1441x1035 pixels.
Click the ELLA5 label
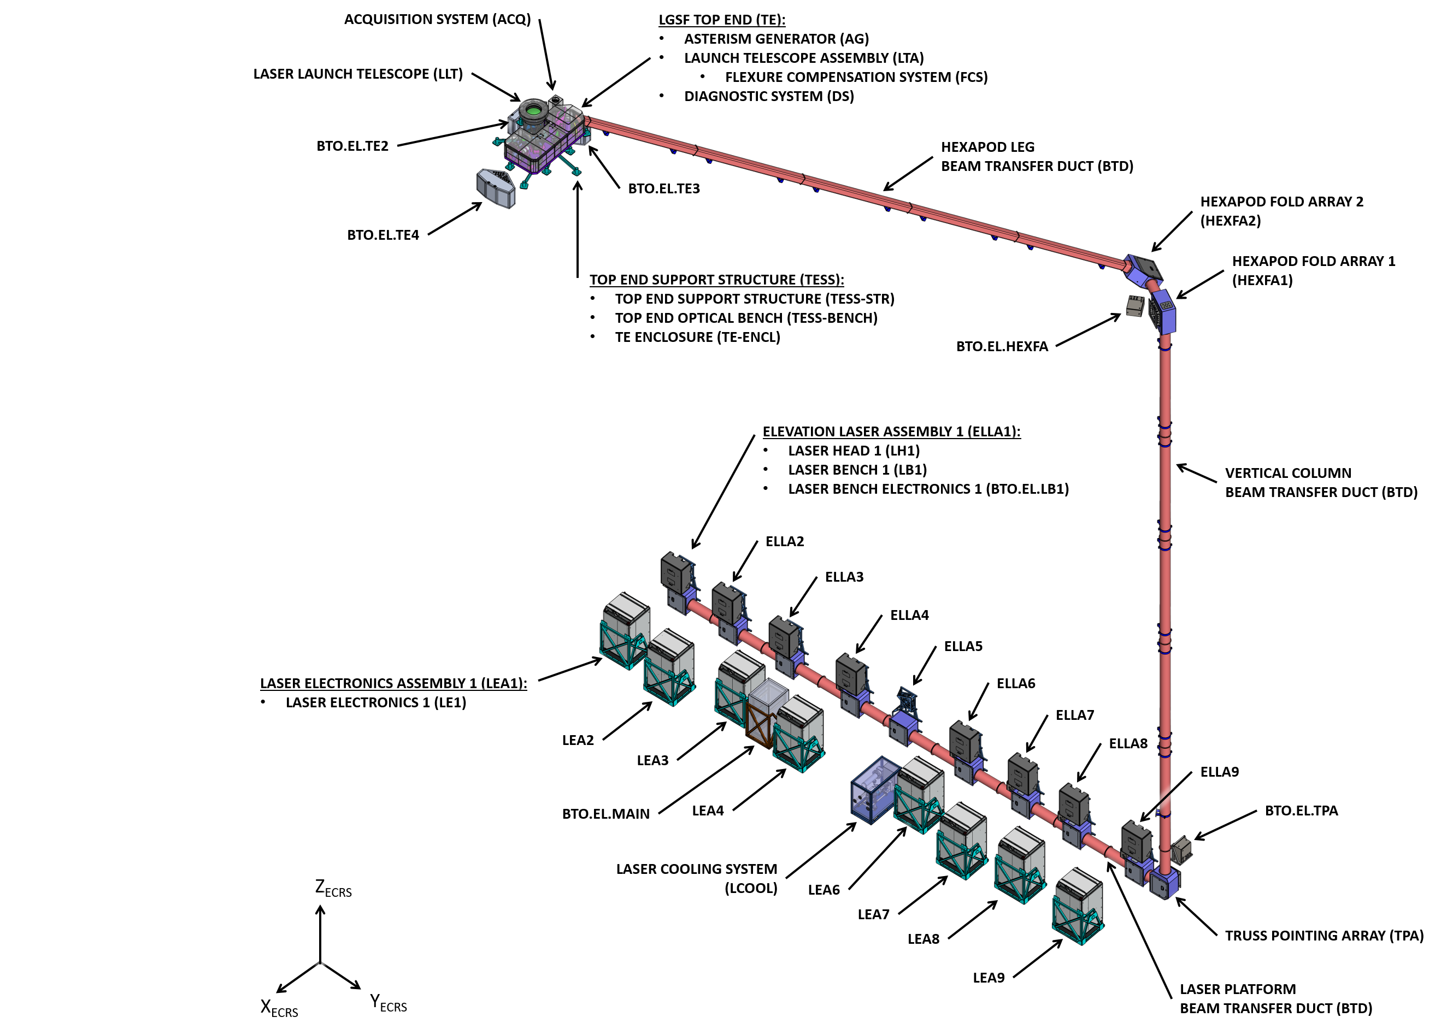[962, 647]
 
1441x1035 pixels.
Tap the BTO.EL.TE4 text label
[383, 235]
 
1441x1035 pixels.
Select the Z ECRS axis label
[333, 888]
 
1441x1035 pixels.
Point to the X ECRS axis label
[279, 1008]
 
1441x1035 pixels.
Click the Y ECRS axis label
[388, 1003]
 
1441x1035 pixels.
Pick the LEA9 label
[988, 978]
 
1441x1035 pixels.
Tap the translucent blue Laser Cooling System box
[875, 790]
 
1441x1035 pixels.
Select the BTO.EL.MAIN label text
[605, 814]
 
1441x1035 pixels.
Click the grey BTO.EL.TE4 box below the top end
[496, 187]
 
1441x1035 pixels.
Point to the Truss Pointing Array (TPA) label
[1324, 935]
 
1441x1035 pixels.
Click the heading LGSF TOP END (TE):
[722, 20]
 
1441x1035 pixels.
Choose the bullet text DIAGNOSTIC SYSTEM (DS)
[768, 97]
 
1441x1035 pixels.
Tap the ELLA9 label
[1219, 772]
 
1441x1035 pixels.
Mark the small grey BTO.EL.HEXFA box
[1135, 306]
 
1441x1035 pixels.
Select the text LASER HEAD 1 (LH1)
[854, 451]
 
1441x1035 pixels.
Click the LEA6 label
[824, 890]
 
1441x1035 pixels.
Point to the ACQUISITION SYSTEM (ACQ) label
[437, 20]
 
